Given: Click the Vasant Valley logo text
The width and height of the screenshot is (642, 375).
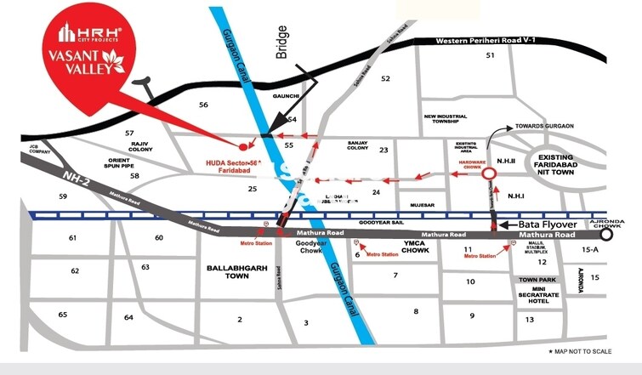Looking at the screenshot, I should (x=86, y=62).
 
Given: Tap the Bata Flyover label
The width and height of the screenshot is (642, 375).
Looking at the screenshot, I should (x=548, y=224).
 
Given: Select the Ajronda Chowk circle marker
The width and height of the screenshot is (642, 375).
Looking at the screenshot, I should (x=605, y=235).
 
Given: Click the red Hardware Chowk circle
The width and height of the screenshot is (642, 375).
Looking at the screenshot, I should (x=490, y=174).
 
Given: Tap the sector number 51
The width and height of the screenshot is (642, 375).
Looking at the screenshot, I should (x=489, y=55).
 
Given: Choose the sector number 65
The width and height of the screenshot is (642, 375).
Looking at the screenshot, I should (x=62, y=315).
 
